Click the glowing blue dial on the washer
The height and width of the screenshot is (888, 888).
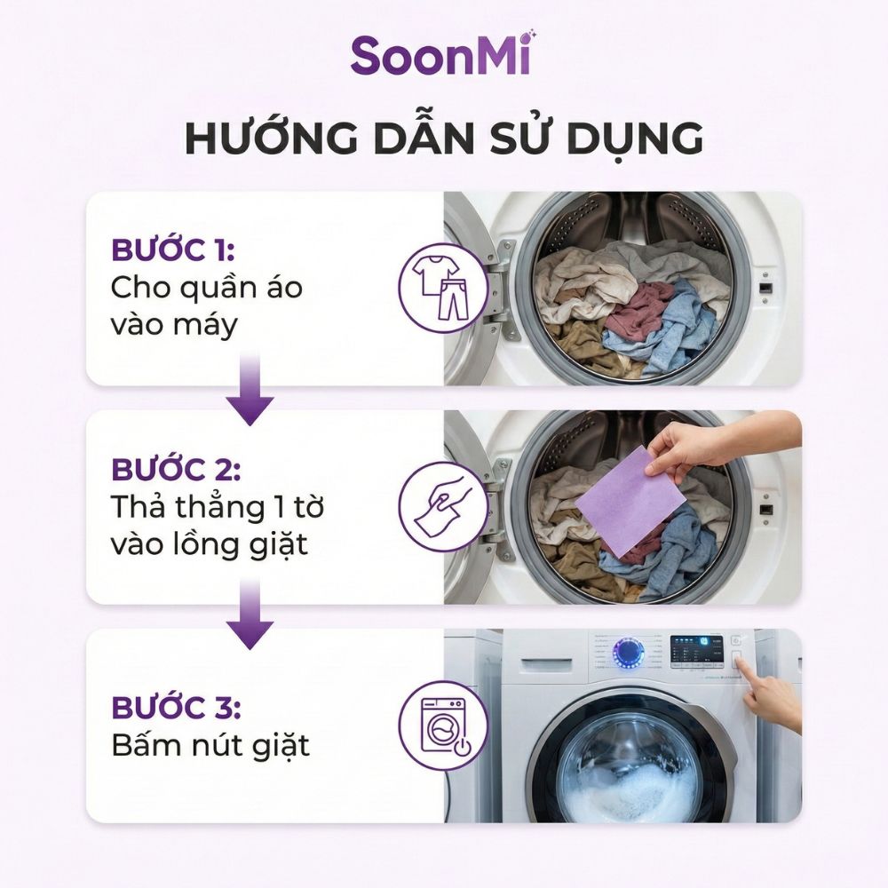[630, 653]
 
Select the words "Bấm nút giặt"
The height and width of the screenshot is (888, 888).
[210, 745]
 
